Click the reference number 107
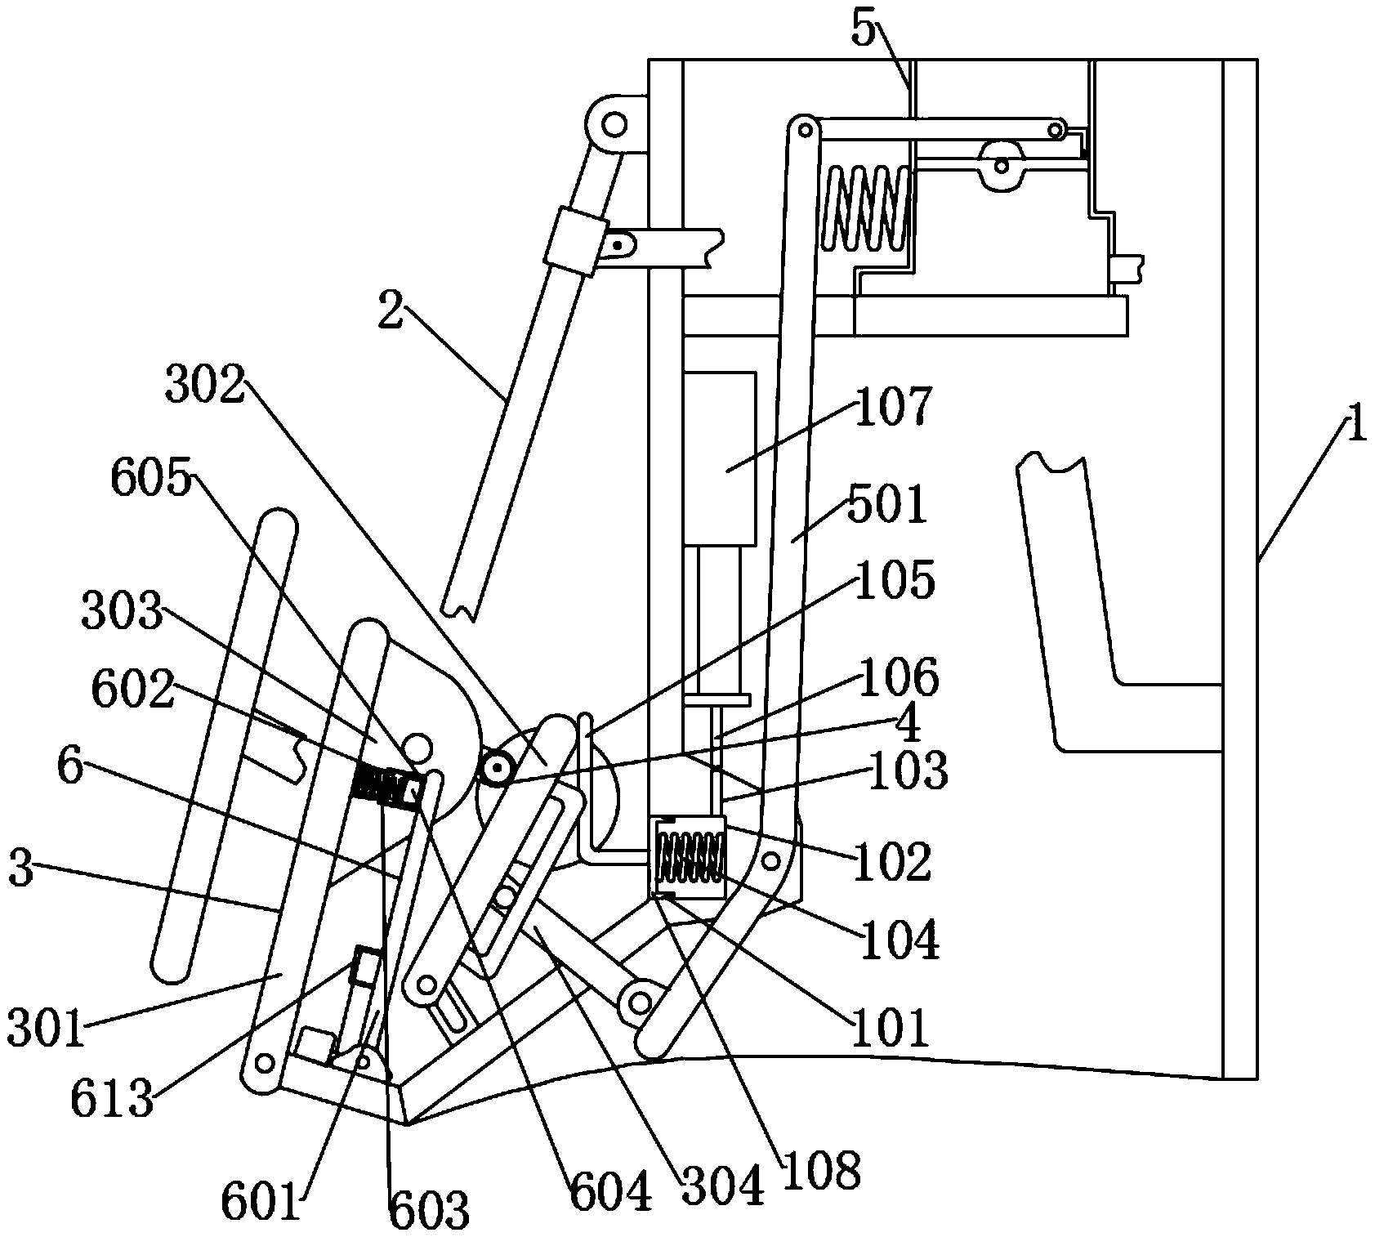tap(892, 407)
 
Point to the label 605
tap(151, 480)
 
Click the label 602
tap(132, 691)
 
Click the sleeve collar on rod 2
tap(576, 243)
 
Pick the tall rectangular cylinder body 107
tap(719, 458)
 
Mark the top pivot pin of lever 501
tap(805, 128)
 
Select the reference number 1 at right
tap(1355, 426)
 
